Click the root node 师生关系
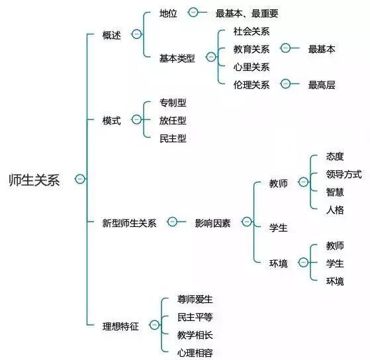pyautogui.click(x=34, y=180)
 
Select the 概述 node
pyautogui.click(x=112, y=35)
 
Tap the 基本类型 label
pyautogui.click(x=177, y=58)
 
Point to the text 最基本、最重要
pyautogui.click(x=247, y=13)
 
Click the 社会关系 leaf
pyautogui.click(x=252, y=31)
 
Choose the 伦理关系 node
pyautogui.click(x=252, y=85)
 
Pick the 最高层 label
pyautogui.click(x=322, y=85)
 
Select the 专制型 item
pyautogui.click(x=173, y=103)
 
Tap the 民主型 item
pyautogui.click(x=173, y=138)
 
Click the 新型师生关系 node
pyautogui.click(x=129, y=223)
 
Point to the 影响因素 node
pyautogui.click(x=212, y=223)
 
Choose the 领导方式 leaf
pyautogui.click(x=344, y=174)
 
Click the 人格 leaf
pyautogui.click(x=335, y=210)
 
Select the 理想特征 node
pyautogui.click(x=120, y=326)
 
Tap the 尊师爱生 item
pyautogui.click(x=195, y=299)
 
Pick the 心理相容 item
pyautogui.click(x=195, y=353)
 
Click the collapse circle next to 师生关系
pyautogui.click(x=79, y=179)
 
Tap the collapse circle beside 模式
pyautogui.click(x=136, y=119)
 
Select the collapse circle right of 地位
pyautogui.click(x=193, y=12)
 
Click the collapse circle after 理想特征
pyautogui.click(x=154, y=325)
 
